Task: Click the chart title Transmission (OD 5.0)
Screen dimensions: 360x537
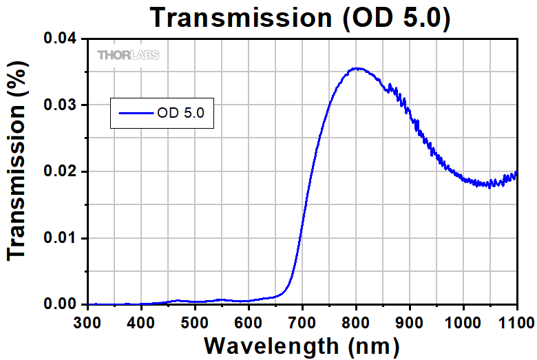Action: (x=302, y=17)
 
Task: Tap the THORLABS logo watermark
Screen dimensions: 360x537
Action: (x=129, y=55)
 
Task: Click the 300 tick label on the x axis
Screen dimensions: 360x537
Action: (x=88, y=321)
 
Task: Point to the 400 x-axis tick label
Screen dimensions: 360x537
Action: (x=142, y=321)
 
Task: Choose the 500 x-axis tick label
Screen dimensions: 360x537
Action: (x=196, y=321)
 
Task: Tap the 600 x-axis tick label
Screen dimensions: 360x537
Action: (x=249, y=321)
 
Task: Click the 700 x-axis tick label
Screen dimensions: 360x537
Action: (x=303, y=321)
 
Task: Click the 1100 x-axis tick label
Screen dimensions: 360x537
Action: (x=515, y=321)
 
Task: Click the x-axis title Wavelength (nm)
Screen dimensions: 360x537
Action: (x=302, y=345)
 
